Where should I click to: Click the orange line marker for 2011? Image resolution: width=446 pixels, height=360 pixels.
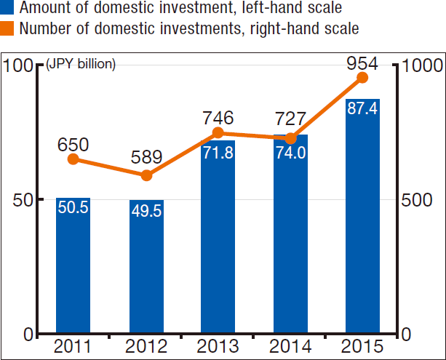(x=73, y=159)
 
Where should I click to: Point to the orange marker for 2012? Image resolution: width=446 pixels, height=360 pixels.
(x=146, y=175)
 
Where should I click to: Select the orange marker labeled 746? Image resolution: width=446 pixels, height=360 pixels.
(x=218, y=133)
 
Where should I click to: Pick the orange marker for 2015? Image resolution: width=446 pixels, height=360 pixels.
(x=362, y=78)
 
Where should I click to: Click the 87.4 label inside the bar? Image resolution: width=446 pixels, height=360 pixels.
(x=362, y=109)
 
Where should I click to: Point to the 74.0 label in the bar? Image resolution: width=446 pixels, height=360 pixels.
(x=290, y=154)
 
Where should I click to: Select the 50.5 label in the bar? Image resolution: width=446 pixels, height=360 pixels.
(x=73, y=207)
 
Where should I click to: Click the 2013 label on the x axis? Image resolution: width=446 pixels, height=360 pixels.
(x=218, y=346)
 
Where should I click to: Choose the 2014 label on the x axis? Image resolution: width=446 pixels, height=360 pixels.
(x=290, y=346)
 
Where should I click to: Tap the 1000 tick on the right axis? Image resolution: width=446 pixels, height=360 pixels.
(x=421, y=65)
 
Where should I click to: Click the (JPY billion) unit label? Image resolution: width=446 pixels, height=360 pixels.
(x=81, y=64)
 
